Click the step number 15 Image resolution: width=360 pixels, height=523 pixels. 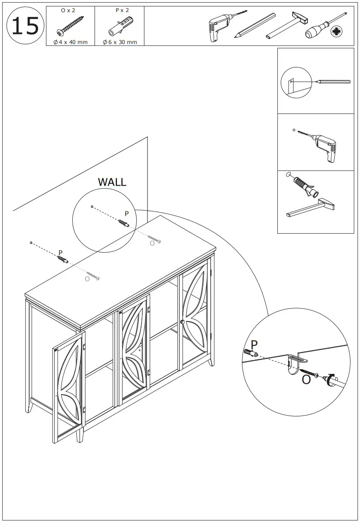click(25, 26)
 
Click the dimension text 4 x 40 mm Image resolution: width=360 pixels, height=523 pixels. click(71, 42)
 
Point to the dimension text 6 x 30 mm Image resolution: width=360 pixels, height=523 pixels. click(120, 42)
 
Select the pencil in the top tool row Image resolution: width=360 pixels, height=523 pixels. click(255, 26)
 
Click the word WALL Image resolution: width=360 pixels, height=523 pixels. click(112, 182)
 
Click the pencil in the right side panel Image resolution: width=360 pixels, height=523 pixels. click(333, 81)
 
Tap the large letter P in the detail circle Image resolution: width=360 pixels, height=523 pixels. click(254, 345)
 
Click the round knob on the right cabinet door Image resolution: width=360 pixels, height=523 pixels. click(183, 322)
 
